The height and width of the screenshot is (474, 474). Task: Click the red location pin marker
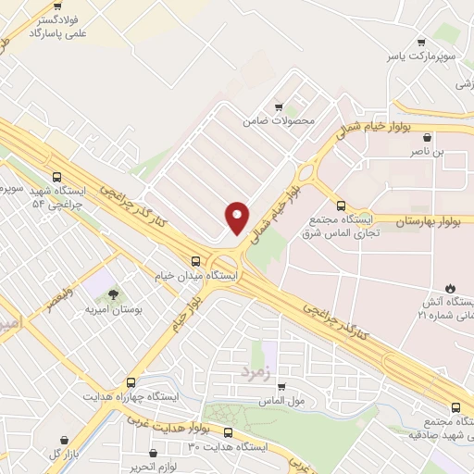[x=238, y=217]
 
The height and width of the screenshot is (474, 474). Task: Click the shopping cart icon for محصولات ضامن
[x=279, y=106]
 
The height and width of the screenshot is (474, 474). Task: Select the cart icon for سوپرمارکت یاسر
[x=422, y=41]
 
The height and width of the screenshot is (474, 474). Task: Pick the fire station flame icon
[x=451, y=288]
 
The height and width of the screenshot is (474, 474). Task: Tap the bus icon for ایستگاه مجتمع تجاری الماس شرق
[x=341, y=206]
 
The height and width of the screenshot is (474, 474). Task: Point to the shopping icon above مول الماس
[x=281, y=387]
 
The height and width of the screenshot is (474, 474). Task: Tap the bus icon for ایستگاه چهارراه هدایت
[x=130, y=381]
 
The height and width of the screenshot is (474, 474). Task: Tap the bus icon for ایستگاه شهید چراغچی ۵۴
[x=57, y=175]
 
